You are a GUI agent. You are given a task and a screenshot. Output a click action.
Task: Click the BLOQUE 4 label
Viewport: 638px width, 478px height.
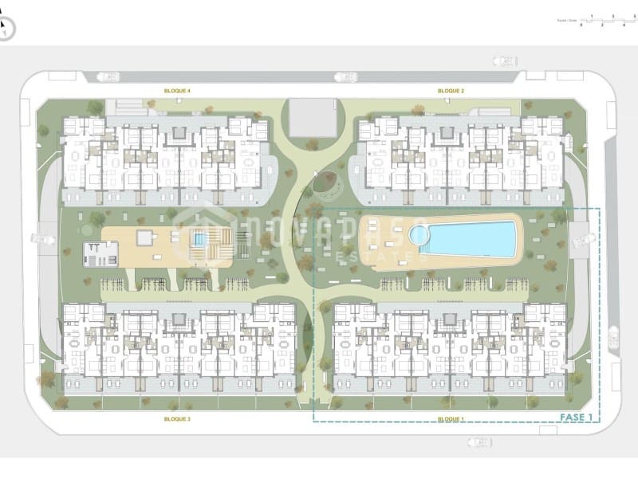[x=177, y=92]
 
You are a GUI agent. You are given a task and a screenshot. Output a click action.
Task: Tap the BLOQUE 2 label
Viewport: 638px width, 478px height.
[x=451, y=92]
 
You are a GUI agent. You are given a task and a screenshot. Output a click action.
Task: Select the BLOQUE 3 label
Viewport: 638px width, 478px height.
[x=177, y=418]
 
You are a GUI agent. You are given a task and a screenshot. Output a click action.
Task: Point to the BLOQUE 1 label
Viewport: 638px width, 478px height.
[x=451, y=418]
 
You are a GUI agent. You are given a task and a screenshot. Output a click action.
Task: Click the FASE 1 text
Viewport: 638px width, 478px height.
[x=576, y=417]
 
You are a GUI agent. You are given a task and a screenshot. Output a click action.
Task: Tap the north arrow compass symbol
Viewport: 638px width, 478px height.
[x=6, y=29]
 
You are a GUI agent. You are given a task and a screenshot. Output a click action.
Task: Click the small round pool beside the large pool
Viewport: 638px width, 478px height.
[x=417, y=235]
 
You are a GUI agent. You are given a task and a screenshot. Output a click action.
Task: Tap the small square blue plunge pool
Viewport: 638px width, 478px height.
[x=200, y=238]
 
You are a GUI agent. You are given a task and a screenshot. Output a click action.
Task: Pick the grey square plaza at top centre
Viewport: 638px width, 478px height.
[x=313, y=118]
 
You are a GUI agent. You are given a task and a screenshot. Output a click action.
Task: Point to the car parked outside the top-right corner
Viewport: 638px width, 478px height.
[x=505, y=59]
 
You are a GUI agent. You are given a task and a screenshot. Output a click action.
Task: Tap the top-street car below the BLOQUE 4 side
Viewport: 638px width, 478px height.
[x=108, y=77]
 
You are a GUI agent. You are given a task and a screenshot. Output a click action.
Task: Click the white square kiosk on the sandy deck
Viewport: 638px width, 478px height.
[x=144, y=237]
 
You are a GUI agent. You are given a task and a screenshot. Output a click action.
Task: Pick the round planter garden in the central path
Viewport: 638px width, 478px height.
[x=324, y=183]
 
